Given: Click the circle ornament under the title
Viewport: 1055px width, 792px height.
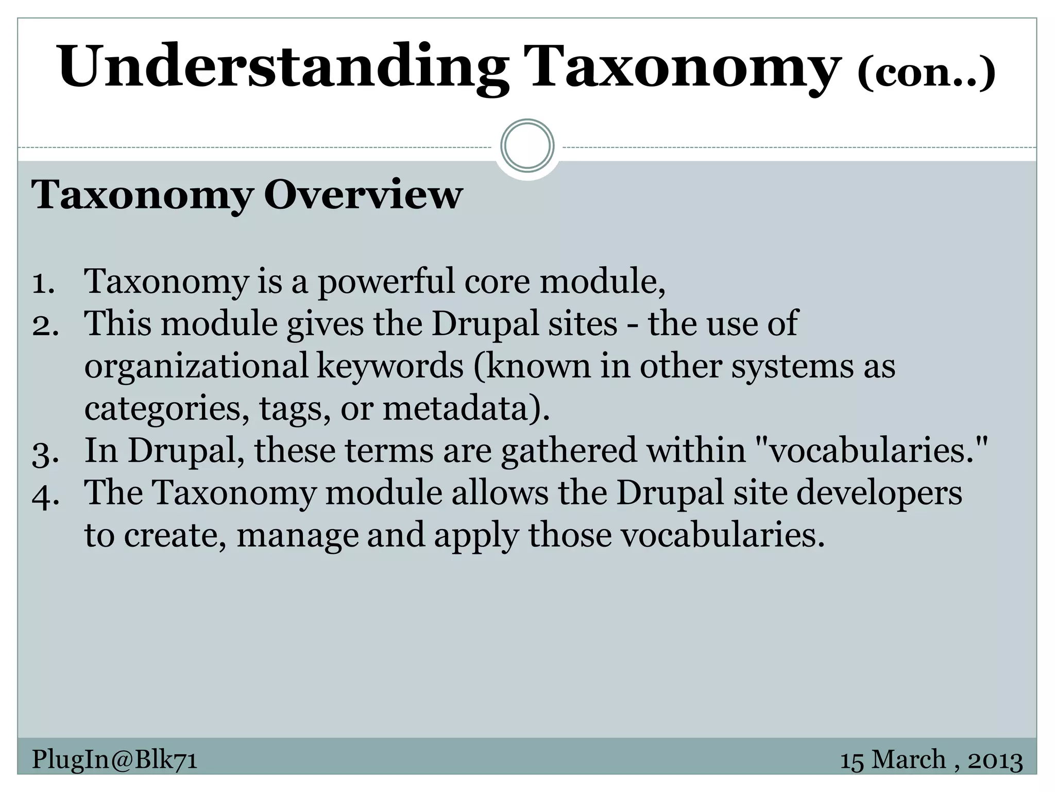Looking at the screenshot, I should pyautogui.click(x=527, y=146).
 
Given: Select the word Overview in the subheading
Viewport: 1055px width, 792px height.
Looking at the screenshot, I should pyautogui.click(x=363, y=195).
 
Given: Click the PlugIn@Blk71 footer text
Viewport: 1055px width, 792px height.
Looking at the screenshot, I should pyautogui.click(x=114, y=760).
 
